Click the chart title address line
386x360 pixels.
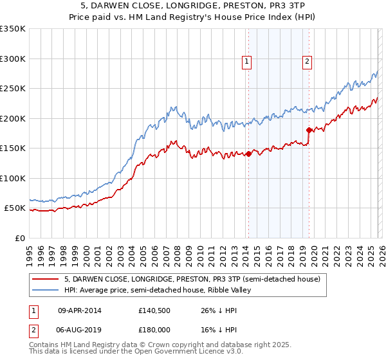tap(193, 6)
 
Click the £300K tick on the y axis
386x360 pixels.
tap(13, 59)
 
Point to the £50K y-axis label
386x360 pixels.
tap(15, 208)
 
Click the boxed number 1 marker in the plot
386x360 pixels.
tap(247, 62)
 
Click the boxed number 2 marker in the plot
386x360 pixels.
tap(308, 62)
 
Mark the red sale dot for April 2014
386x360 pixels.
tap(248, 154)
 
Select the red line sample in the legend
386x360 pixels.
tap(46, 279)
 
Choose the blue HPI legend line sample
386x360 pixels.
tap(46, 291)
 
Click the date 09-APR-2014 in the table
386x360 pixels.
tap(80, 310)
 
